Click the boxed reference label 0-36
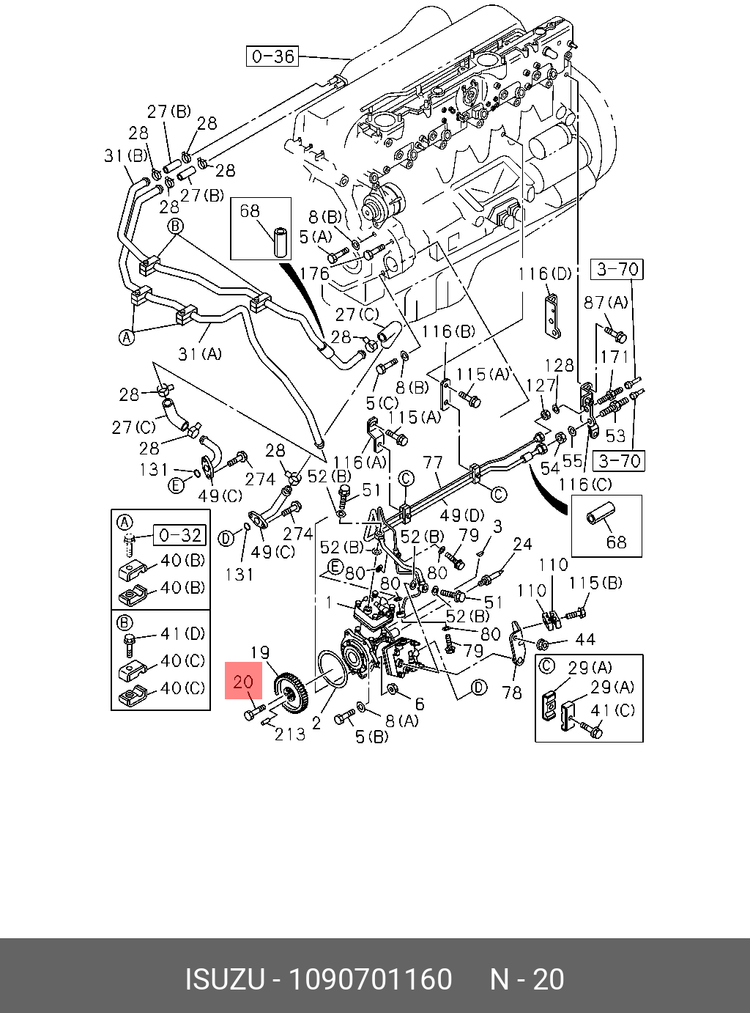272,56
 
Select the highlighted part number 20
243,682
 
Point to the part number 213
290,733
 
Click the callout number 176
315,273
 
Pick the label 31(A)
200,354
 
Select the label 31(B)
125,156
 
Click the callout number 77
433,463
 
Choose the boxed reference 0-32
179,535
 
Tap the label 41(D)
183,633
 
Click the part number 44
585,640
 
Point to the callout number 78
512,692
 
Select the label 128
560,365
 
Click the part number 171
615,357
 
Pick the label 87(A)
606,302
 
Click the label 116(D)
544,274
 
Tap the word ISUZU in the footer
223,979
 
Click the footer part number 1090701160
370,979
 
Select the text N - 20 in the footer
527,979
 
